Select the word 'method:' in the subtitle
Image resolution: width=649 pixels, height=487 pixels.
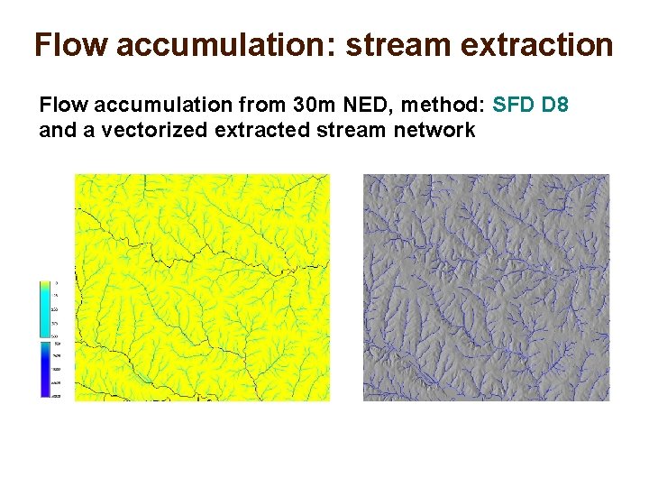tap(448, 106)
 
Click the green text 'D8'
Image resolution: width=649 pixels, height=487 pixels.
tap(555, 106)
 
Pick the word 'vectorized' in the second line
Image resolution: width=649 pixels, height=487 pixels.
tap(143, 131)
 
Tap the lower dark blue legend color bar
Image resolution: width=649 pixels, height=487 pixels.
tap(46, 368)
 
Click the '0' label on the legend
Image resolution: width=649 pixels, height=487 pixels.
tap(56, 282)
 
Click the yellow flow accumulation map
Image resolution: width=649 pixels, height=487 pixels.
tap(202, 287)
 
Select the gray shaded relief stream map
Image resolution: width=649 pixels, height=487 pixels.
tap(486, 287)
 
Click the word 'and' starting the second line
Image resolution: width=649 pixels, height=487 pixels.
tap(57, 131)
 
